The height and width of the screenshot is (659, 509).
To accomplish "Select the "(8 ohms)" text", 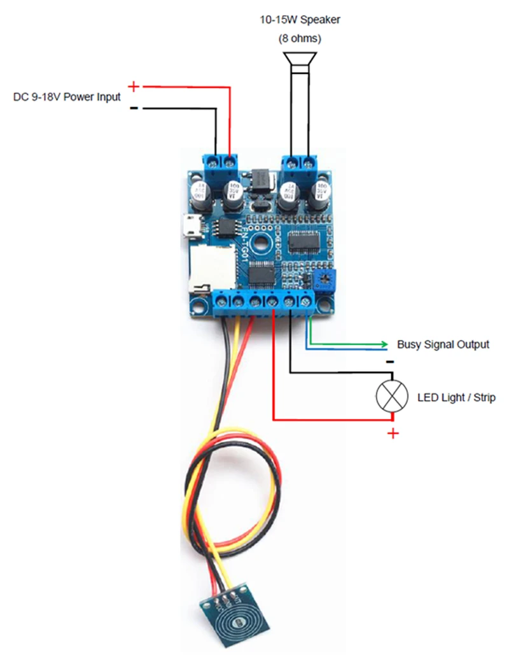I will [300, 39].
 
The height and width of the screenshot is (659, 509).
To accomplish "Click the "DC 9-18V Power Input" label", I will [67, 98].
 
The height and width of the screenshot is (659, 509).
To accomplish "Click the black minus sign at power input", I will [134, 108].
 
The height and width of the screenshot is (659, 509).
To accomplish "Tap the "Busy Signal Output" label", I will [443, 344].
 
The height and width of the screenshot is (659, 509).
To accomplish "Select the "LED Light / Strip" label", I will [456, 398].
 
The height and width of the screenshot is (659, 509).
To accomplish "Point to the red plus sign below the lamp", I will [393, 434].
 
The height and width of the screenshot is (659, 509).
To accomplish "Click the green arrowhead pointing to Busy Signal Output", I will [383, 344].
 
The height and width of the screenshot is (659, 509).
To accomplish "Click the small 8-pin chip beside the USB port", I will [225, 227].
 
